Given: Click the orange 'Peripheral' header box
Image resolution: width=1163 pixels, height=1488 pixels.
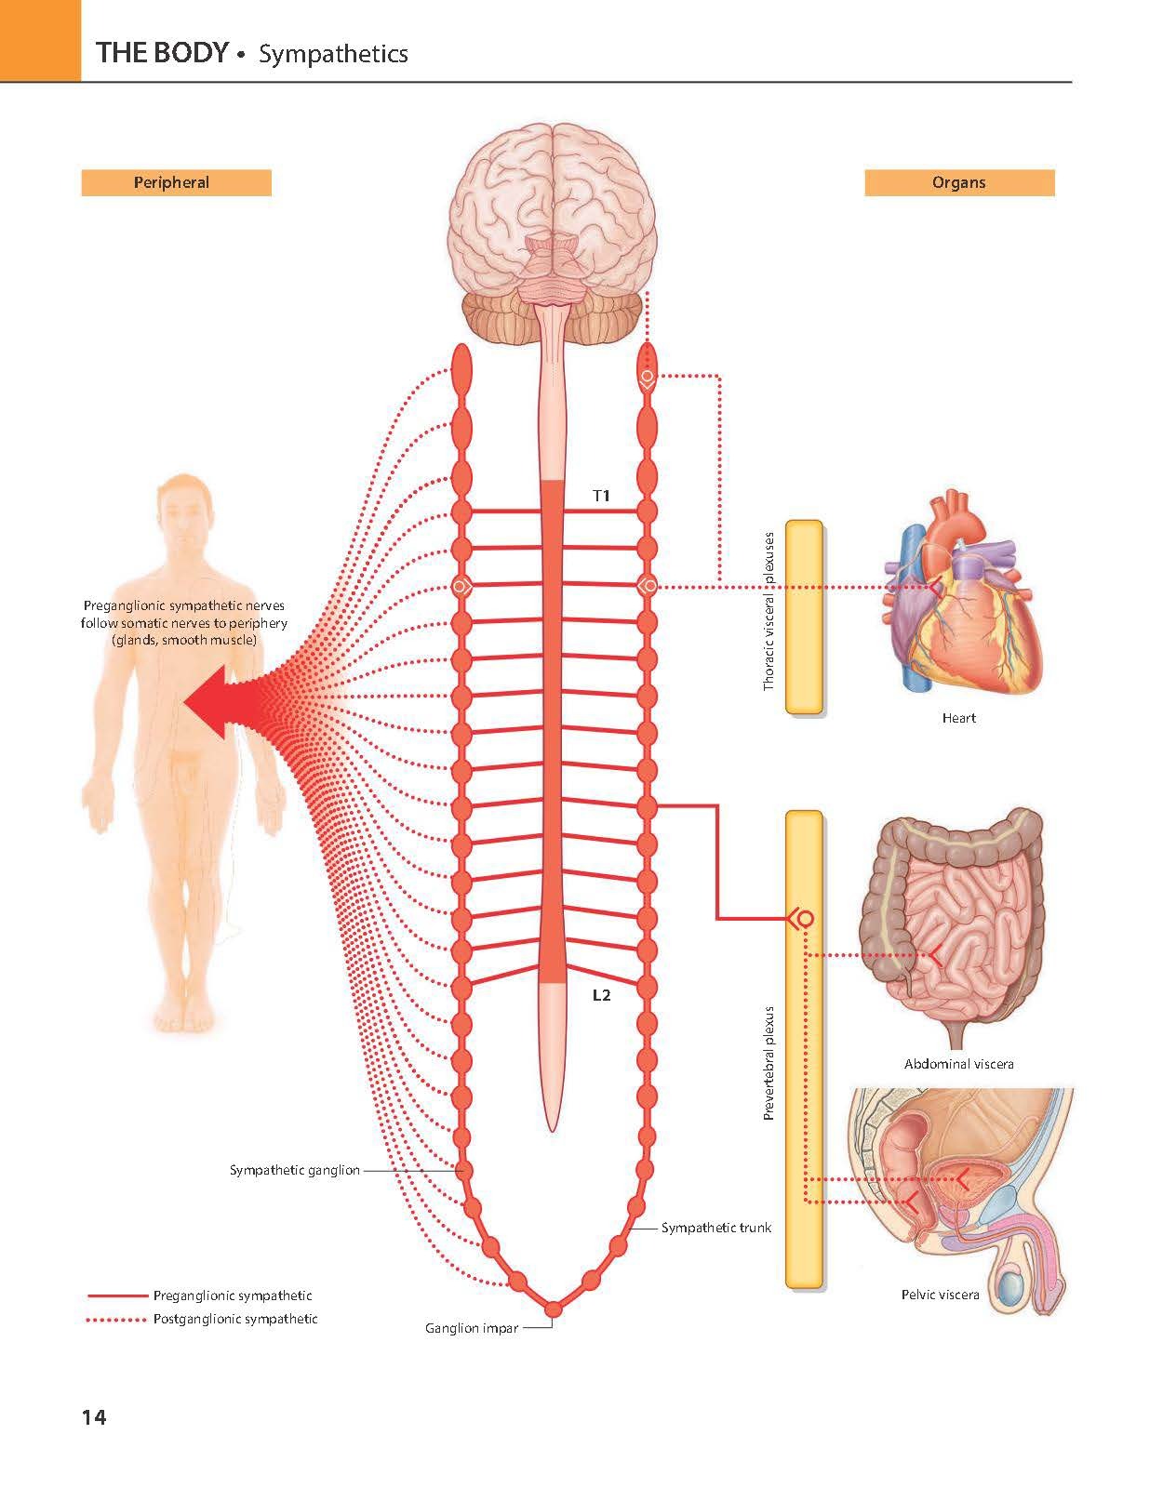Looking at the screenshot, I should [x=176, y=182].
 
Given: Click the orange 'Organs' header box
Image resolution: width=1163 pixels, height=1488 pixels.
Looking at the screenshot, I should [x=958, y=182].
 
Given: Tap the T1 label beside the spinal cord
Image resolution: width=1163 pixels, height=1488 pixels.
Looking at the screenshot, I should [x=602, y=496].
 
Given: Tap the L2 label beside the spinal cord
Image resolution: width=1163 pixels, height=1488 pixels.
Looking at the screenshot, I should [x=602, y=995].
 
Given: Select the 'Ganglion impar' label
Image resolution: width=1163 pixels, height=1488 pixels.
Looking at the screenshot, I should [x=472, y=1328].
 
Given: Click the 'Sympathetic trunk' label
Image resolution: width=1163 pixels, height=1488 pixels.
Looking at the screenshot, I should [x=715, y=1228].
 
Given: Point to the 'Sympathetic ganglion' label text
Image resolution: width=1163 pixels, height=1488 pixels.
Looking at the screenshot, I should [x=294, y=1170].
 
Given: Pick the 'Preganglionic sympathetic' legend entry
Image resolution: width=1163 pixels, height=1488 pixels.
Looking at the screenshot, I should [x=232, y=1295].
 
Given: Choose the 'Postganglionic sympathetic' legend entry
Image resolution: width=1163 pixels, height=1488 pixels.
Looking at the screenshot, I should [x=234, y=1319].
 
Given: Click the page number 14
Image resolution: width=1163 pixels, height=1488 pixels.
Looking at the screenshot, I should [x=94, y=1417].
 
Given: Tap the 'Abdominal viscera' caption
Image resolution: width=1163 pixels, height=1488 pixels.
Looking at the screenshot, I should [x=958, y=1064].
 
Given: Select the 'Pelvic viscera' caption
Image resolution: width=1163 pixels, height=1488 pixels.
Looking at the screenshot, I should [x=940, y=1295].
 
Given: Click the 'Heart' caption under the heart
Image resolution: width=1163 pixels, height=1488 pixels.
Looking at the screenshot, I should [x=958, y=718].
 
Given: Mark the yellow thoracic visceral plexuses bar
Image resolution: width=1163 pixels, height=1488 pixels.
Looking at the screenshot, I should [x=804, y=617].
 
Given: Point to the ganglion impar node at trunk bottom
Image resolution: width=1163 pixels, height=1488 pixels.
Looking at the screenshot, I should [x=553, y=1309].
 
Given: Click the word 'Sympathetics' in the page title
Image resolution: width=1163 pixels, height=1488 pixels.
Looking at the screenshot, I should [x=333, y=54].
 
